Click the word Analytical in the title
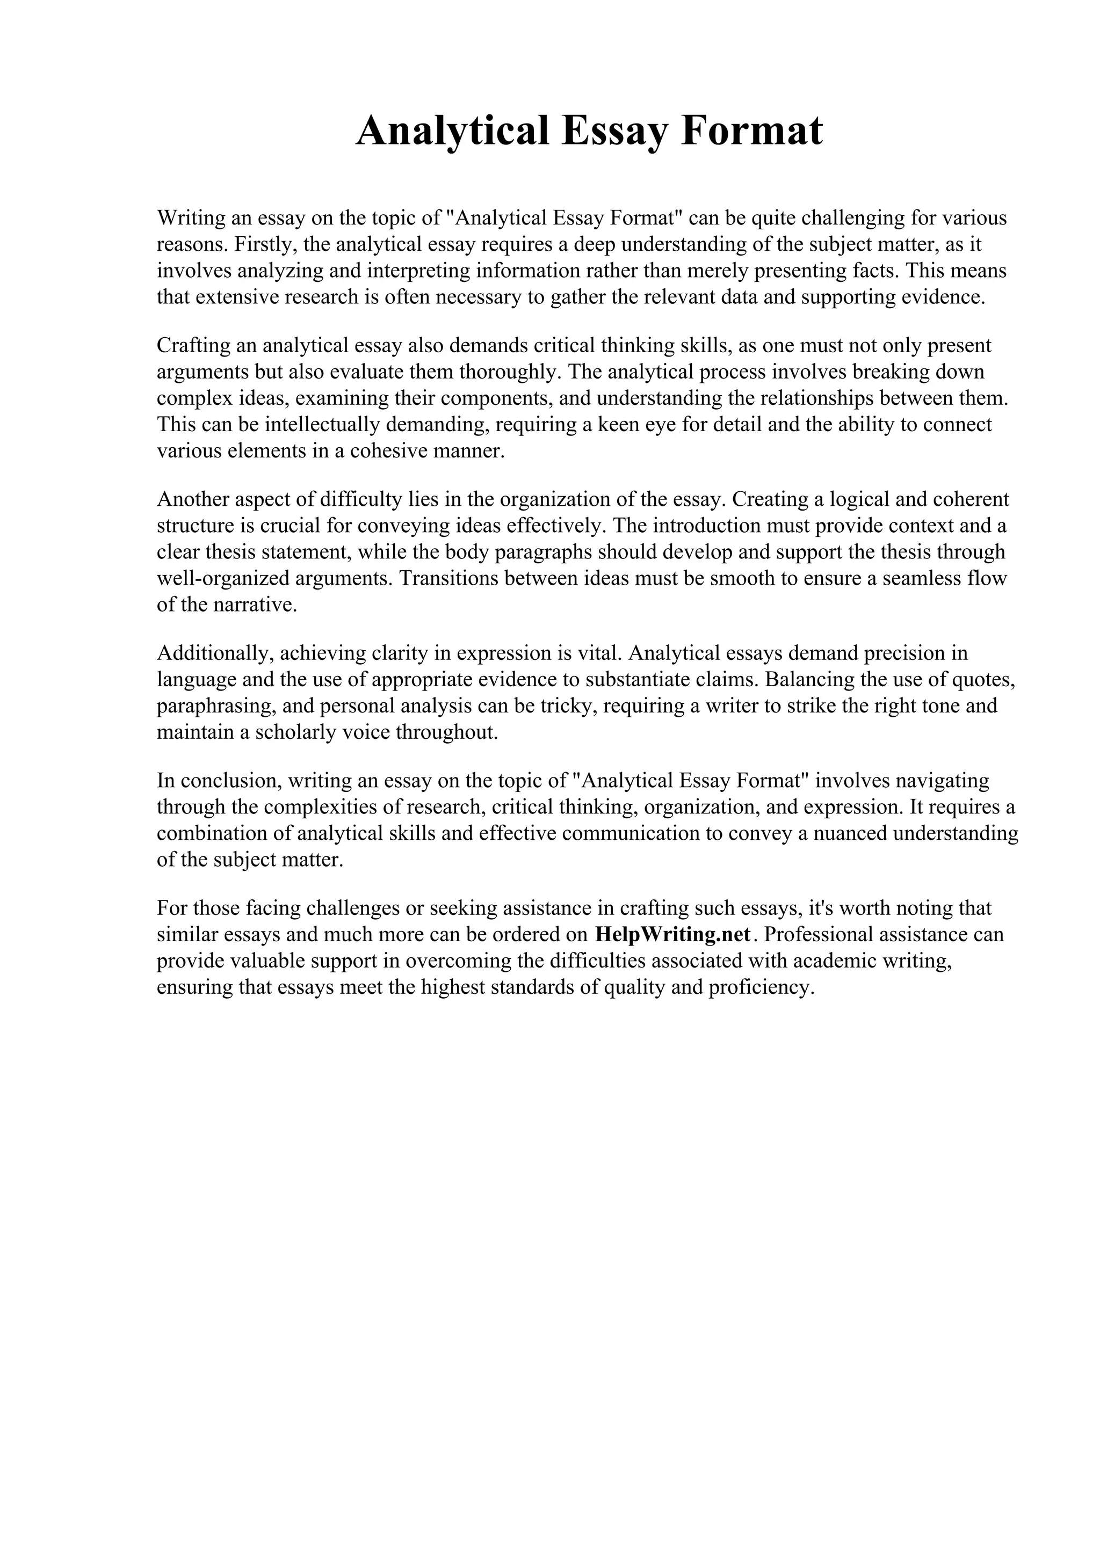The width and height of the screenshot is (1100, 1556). tap(452, 131)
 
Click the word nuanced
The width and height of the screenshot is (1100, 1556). tap(849, 833)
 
